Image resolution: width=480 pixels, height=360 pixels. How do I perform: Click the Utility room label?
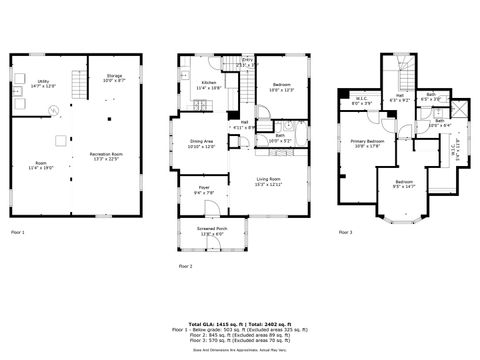tap(43, 83)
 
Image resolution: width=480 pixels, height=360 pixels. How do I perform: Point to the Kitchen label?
tap(209, 84)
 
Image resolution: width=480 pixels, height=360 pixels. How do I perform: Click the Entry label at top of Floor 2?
tap(247, 62)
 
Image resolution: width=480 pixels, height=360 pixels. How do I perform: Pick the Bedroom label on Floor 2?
tap(281, 87)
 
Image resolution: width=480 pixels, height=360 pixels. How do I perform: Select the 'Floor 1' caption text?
tap(18, 232)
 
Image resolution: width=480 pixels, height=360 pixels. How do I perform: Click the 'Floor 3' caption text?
tap(345, 232)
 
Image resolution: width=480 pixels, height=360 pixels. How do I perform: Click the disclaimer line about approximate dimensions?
tap(240, 348)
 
